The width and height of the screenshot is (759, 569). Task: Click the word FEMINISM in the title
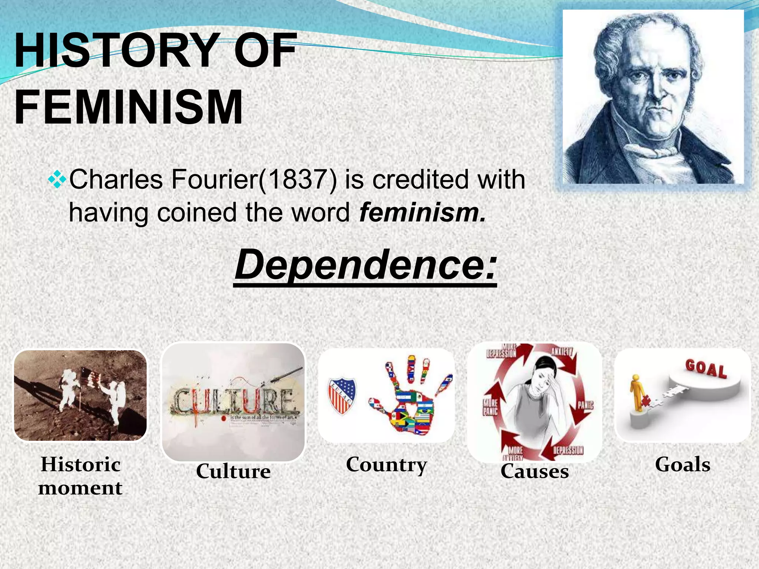click(128, 107)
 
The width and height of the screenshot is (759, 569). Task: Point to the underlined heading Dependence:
click(365, 265)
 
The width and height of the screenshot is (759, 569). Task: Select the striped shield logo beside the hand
click(342, 395)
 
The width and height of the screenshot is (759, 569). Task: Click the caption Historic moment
click(80, 476)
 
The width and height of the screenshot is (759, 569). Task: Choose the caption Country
click(387, 465)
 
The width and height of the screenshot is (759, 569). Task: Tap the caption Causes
click(534, 471)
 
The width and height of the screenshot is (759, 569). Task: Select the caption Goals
click(682, 465)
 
